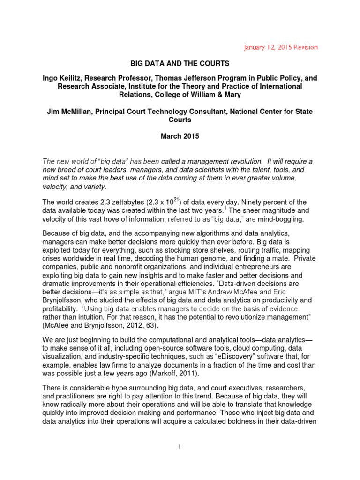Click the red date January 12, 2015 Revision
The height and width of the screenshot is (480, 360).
pos(282,47)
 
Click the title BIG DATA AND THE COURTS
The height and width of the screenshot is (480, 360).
pos(180,62)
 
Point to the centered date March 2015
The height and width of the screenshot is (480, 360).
pos(180,137)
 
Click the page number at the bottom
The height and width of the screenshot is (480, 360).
pos(180,460)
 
